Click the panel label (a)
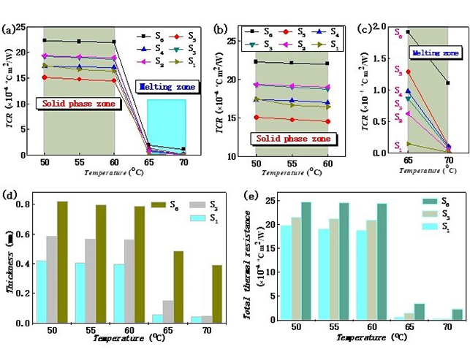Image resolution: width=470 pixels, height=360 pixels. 10,30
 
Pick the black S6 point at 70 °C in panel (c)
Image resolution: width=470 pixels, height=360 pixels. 447,83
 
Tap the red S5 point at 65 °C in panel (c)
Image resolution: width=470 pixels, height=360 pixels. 408,72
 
